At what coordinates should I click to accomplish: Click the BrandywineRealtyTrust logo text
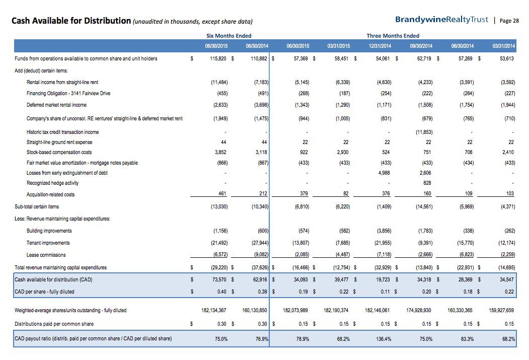[x=441, y=20]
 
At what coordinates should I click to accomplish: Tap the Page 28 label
[x=509, y=21]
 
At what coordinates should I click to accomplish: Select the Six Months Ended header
[x=229, y=36]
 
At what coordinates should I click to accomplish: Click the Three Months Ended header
[x=393, y=36]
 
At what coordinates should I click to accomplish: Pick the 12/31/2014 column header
[x=380, y=46]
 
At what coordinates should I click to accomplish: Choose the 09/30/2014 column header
[x=421, y=46]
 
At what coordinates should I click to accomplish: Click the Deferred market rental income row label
[x=56, y=105]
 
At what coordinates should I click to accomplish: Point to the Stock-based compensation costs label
[x=59, y=152]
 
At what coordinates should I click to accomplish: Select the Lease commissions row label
[x=46, y=255]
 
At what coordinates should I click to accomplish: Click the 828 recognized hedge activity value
[x=428, y=183]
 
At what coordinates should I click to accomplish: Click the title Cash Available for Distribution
[x=71, y=21]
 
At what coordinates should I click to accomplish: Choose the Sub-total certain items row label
[x=37, y=206]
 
